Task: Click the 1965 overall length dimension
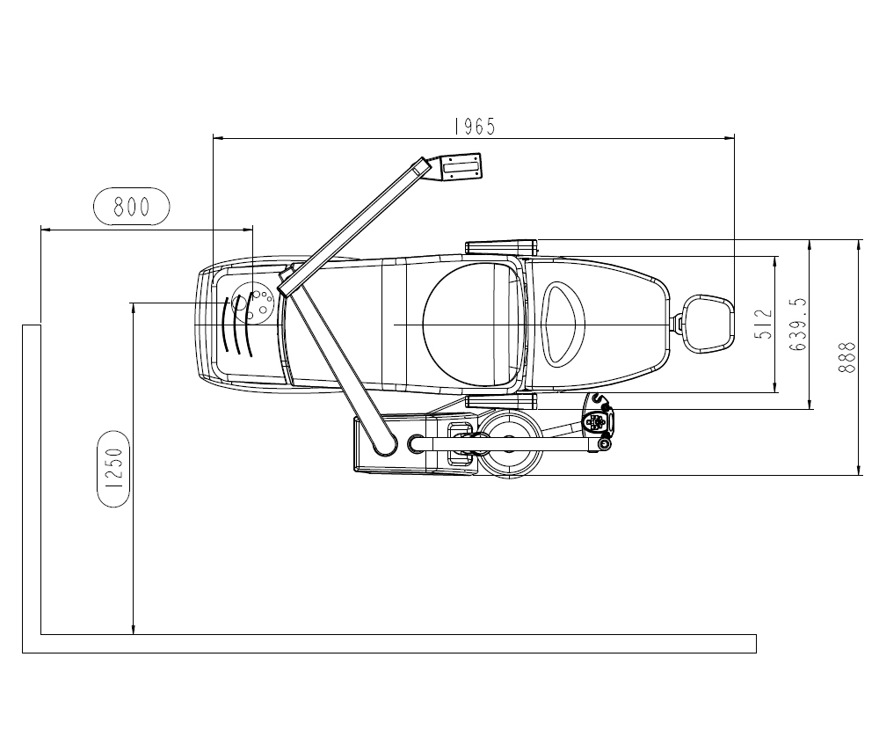[475, 128]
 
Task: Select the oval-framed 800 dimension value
[131, 207]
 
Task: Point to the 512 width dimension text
[764, 325]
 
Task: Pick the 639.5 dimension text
[798, 325]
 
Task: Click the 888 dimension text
[846, 357]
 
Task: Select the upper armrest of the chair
[501, 247]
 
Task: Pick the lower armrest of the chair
[501, 400]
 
